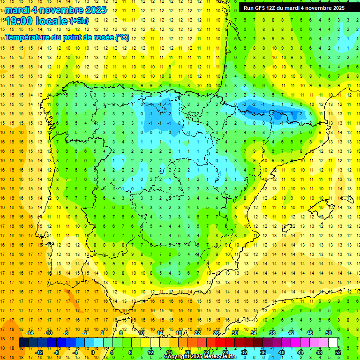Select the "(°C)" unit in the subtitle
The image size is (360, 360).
(122, 37)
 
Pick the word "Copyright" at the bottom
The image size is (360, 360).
(176, 357)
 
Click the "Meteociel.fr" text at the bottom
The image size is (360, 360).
(220, 357)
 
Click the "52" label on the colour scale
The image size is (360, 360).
(338, 352)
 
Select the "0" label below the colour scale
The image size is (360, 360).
(92, 352)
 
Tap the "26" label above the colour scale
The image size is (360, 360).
(216, 333)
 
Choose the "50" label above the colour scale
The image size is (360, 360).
(329, 333)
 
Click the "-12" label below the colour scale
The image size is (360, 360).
(39, 352)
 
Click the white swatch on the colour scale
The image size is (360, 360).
(333, 343)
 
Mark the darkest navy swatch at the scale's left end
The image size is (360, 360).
(23, 343)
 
